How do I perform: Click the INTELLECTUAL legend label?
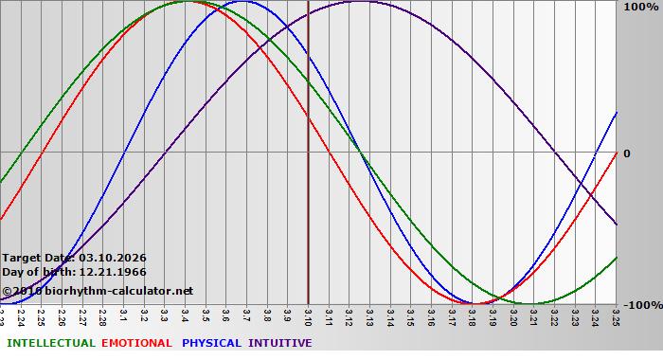tap(50, 343)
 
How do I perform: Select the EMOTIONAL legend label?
tap(136, 343)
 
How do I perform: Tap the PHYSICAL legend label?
tap(211, 343)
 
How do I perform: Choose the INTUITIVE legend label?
tap(279, 343)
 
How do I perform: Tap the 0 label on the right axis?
tap(626, 153)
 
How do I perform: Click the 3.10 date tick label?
tap(309, 315)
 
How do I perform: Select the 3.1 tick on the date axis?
tap(124, 314)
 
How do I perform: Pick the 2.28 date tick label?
tap(103, 315)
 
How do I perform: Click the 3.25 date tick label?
tap(616, 315)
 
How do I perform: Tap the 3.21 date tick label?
tap(534, 315)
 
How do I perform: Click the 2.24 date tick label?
tap(21, 315)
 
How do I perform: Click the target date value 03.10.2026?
tap(112, 258)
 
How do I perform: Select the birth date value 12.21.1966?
tap(112, 272)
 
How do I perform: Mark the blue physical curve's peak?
tap(243, 2)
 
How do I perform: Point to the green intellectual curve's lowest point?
tap(532, 303)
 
